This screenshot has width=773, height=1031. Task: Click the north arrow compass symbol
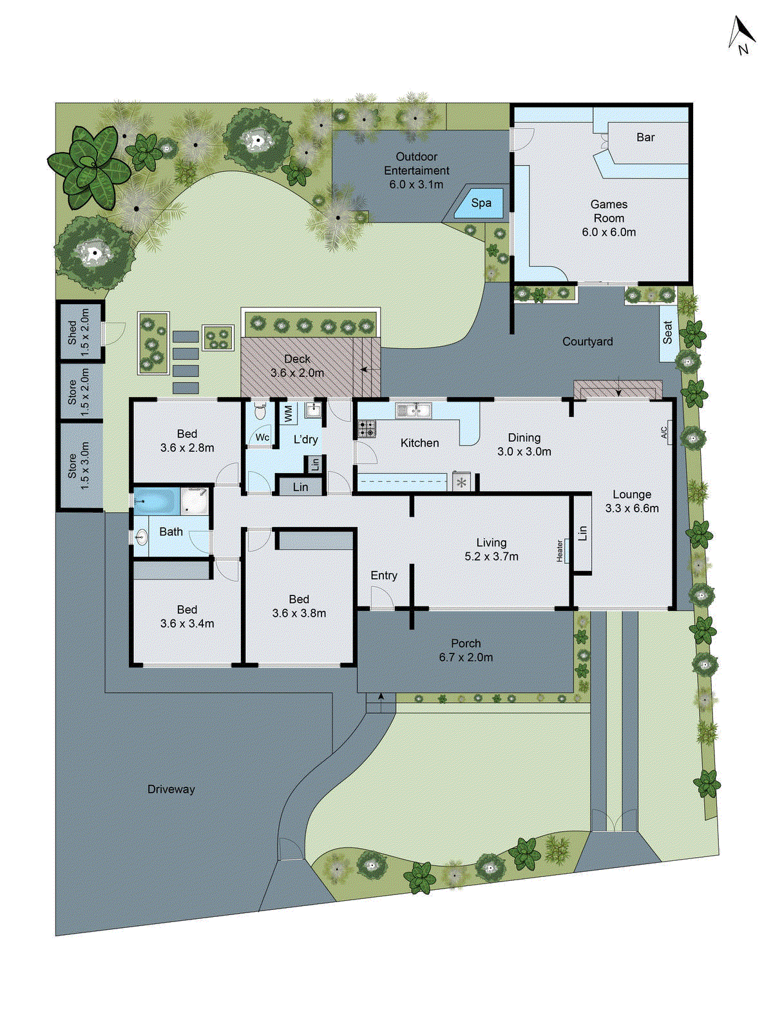tap(741, 35)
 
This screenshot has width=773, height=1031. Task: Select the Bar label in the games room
tap(645, 137)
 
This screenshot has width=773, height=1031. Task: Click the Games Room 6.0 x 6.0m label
tap(609, 218)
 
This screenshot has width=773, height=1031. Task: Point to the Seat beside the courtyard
tap(668, 332)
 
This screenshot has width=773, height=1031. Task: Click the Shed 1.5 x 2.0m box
tap(79, 331)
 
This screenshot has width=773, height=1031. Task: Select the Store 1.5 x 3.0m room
tap(79, 465)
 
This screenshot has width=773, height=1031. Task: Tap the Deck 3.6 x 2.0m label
tap(297, 366)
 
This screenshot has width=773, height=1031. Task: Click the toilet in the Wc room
tap(260, 410)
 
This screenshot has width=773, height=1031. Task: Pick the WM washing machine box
tap(288, 413)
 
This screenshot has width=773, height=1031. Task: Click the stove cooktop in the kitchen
tap(367, 428)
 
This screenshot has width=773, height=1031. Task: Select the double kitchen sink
tap(413, 409)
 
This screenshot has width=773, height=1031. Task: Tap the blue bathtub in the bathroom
tap(157, 501)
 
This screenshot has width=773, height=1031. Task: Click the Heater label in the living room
tap(560, 550)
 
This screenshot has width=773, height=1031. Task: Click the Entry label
tap(384, 575)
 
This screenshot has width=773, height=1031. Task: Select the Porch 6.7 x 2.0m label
tap(466, 650)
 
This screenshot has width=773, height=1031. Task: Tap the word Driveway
tap(171, 789)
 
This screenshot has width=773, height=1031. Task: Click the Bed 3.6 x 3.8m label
tap(299, 606)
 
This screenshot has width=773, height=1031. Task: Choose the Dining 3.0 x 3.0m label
tap(524, 445)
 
